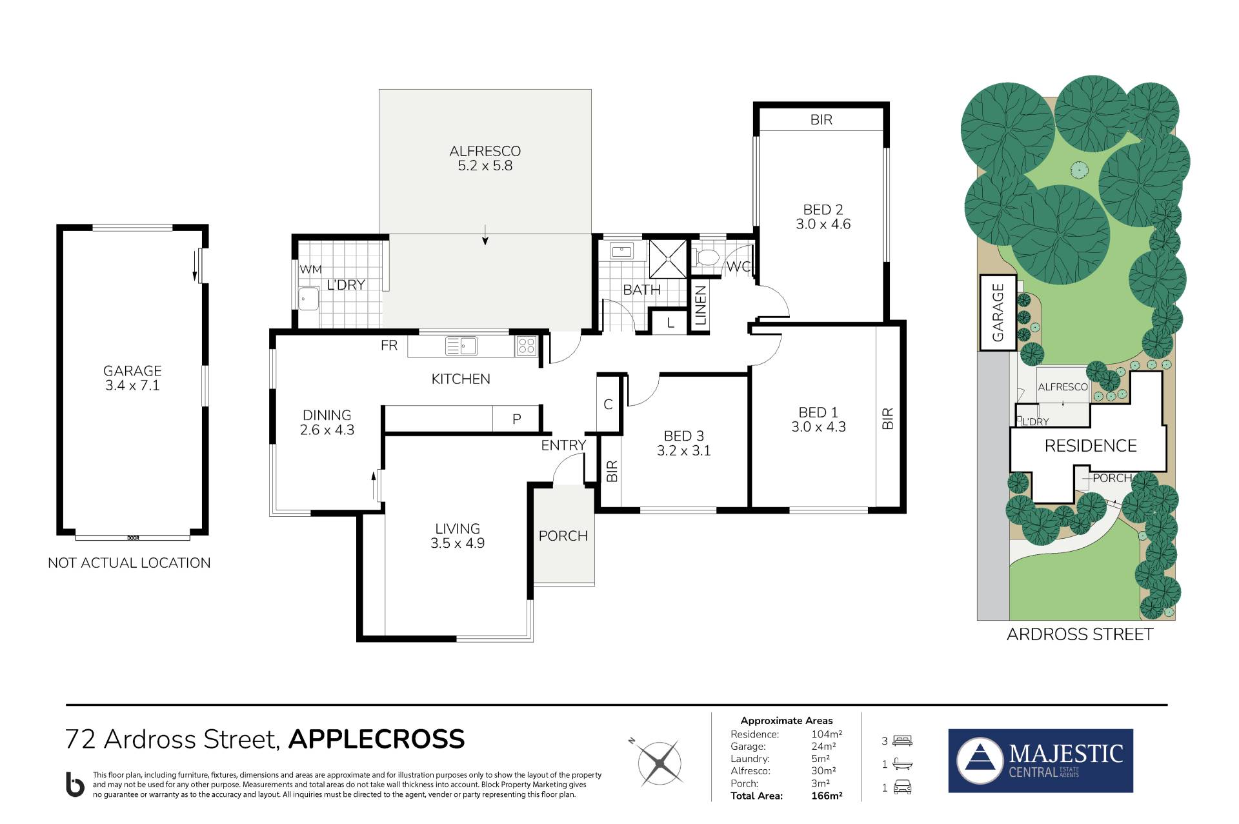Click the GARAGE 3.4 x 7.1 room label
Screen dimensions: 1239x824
click(x=132, y=378)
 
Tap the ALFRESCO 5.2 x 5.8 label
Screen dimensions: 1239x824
click(x=485, y=158)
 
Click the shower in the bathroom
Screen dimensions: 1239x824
click(x=668, y=258)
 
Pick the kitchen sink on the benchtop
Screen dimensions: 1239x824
click(x=461, y=346)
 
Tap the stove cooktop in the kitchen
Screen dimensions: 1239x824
click(x=526, y=346)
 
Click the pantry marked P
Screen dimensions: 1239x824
click(x=516, y=419)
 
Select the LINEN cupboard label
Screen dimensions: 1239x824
click(x=701, y=305)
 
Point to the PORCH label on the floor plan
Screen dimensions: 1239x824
click(x=563, y=536)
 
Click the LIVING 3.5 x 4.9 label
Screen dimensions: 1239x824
click(x=458, y=536)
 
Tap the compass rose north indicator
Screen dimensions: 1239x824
click(x=659, y=761)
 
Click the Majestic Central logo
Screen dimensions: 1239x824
click(x=1040, y=761)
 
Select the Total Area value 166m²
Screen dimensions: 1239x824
click(x=827, y=796)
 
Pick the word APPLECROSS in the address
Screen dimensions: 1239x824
click(x=376, y=739)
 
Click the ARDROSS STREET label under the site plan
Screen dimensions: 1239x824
click(x=1080, y=634)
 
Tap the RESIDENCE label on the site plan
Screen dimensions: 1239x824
click(x=1091, y=446)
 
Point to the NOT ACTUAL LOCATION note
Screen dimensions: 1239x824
click(x=129, y=563)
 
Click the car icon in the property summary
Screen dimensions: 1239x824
click(x=902, y=787)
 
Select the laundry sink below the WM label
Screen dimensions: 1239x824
click(x=308, y=299)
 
